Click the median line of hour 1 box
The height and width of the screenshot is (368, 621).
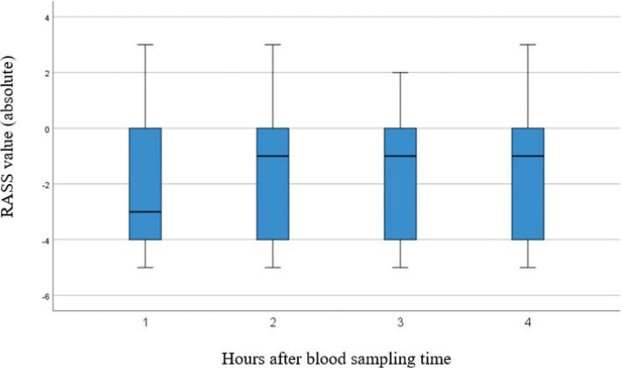pos(145,211)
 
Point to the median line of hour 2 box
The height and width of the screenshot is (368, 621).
pos(272,156)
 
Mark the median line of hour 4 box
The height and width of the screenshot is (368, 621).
pos(528,156)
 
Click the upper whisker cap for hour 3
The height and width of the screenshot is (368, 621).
pos(400,73)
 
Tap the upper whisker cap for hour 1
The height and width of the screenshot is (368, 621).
pos(145,45)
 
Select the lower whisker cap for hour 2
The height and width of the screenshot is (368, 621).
pos(272,267)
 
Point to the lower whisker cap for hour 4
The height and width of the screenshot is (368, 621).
pos(528,267)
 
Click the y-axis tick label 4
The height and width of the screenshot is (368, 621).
pos(46,18)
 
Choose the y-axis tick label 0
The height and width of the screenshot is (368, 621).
pos(46,129)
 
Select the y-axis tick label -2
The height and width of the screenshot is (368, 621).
pos(44,184)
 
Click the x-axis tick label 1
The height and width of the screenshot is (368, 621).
pos(145,323)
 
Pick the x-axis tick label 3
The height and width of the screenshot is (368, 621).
pos(400,323)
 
